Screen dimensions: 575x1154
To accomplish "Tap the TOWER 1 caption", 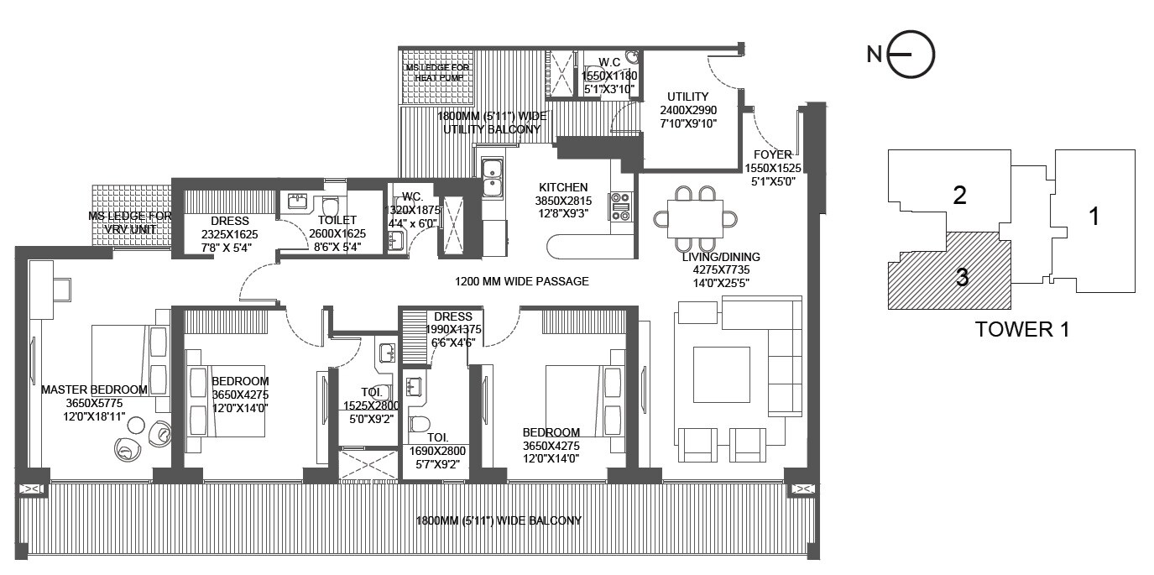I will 1021,329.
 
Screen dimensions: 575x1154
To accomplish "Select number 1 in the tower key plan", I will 1094,217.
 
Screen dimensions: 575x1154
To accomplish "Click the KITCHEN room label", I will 563,187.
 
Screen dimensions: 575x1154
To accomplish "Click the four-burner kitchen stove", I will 622,206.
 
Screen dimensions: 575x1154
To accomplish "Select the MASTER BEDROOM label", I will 94,389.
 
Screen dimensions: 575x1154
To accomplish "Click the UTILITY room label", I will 688,97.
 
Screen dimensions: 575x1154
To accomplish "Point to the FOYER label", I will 770,154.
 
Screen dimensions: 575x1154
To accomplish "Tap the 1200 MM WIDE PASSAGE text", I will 521,281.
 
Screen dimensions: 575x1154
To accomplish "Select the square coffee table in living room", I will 721,374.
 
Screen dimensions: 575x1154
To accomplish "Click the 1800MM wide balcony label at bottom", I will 499,520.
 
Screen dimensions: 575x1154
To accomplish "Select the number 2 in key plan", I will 960,195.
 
